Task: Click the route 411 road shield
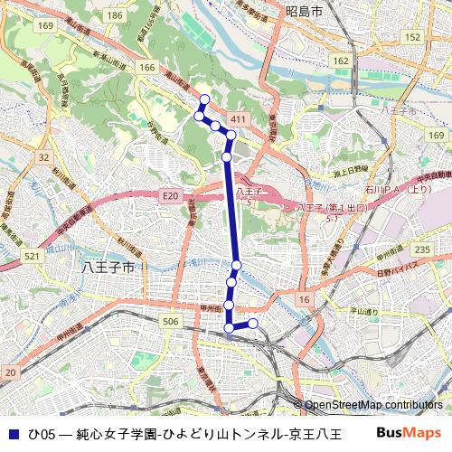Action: click(239, 119)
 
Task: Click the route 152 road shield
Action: click(413, 36)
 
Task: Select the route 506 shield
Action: click(168, 321)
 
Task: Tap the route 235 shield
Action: click(421, 250)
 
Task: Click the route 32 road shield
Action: click(43, 157)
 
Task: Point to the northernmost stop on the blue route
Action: click(204, 99)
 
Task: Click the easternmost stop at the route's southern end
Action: click(253, 323)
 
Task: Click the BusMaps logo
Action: click(410, 433)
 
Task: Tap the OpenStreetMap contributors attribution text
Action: click(372, 405)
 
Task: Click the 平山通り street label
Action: click(366, 312)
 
